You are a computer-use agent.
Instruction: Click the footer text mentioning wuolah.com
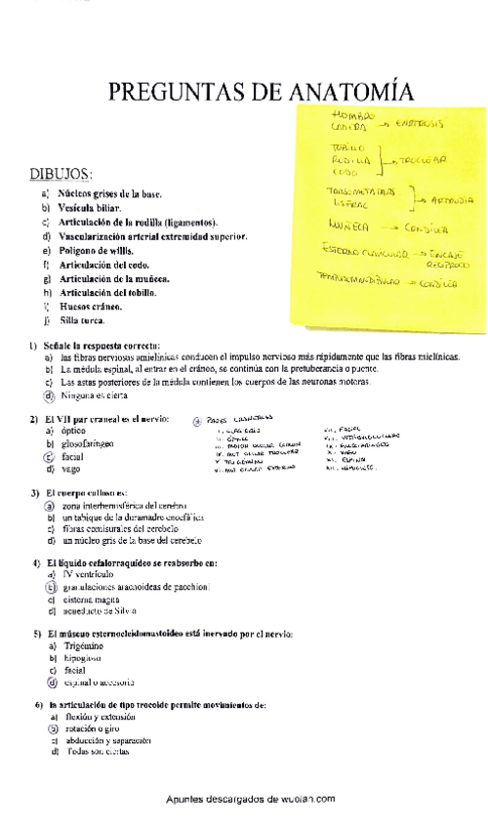(251, 798)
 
